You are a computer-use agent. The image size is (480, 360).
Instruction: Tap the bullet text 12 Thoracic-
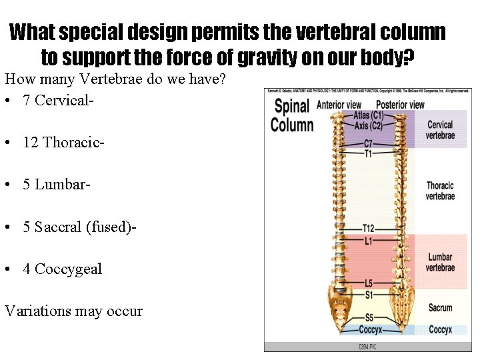(x=63, y=143)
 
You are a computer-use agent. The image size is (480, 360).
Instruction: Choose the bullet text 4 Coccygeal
(x=62, y=269)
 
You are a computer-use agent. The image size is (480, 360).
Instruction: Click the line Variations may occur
(x=73, y=311)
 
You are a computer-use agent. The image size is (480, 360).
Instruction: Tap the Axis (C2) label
(x=368, y=125)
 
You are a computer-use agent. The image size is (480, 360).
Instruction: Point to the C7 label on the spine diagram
(x=368, y=144)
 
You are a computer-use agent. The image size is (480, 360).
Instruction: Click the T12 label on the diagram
(x=368, y=229)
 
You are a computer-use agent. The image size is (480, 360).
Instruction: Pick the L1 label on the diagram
(x=368, y=240)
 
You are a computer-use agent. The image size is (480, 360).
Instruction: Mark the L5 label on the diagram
(x=368, y=283)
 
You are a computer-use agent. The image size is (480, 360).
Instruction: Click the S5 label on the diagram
(x=368, y=318)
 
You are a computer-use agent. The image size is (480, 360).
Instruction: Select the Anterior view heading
(x=339, y=105)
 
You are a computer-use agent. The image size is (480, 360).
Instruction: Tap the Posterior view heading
(x=400, y=105)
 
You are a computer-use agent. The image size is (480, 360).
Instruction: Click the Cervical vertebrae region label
(x=440, y=130)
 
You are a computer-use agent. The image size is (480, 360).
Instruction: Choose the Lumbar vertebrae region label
(x=440, y=262)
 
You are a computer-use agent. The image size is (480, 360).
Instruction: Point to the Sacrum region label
(x=440, y=308)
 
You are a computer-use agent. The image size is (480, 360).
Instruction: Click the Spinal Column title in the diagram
(x=292, y=115)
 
